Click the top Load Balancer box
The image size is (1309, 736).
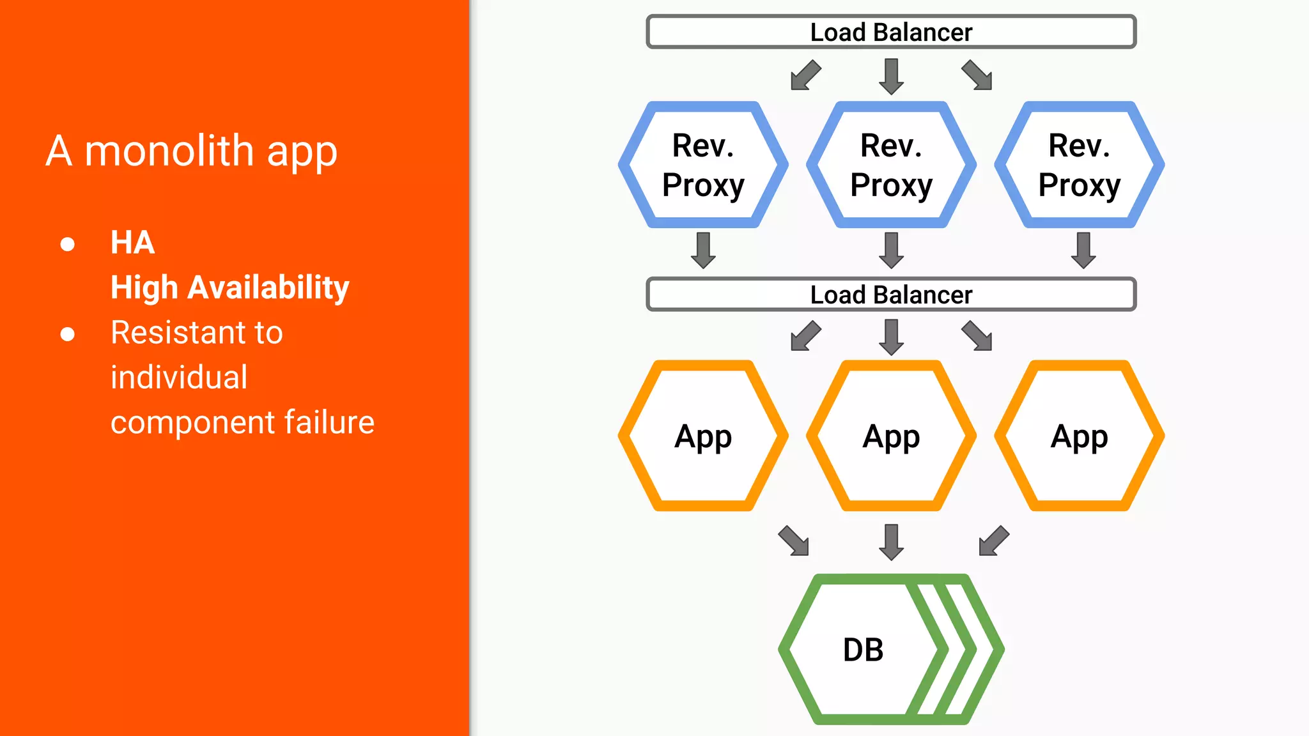pyautogui.click(x=891, y=32)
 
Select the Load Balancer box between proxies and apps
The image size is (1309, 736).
pyautogui.click(x=891, y=295)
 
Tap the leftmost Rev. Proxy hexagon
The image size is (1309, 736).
pyautogui.click(x=703, y=165)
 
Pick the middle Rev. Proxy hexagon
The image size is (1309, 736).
pyautogui.click(x=891, y=165)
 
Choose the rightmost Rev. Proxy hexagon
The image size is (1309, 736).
pyautogui.click(x=1079, y=165)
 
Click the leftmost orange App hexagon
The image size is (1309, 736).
pyautogui.click(x=703, y=436)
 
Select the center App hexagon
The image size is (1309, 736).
pyautogui.click(x=891, y=436)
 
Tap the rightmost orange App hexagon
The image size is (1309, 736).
pyautogui.click(x=1079, y=436)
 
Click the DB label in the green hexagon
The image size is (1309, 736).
pyautogui.click(x=863, y=650)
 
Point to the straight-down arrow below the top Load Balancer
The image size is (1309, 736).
pyautogui.click(x=891, y=76)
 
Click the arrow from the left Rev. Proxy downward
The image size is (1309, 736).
pyautogui.click(x=703, y=250)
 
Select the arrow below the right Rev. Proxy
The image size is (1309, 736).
pyautogui.click(x=1083, y=250)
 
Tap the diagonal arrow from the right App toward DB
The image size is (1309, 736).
pyautogui.click(x=994, y=540)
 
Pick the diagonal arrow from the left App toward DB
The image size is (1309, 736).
pyautogui.click(x=794, y=540)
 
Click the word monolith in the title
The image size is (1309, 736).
pyautogui.click(x=169, y=151)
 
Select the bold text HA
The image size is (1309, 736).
pyautogui.click(x=132, y=243)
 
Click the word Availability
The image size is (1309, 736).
pyautogui.click(x=268, y=287)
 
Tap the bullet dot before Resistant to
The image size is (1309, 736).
pyautogui.click(x=67, y=334)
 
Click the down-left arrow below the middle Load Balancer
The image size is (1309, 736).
pyautogui.click(x=805, y=336)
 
